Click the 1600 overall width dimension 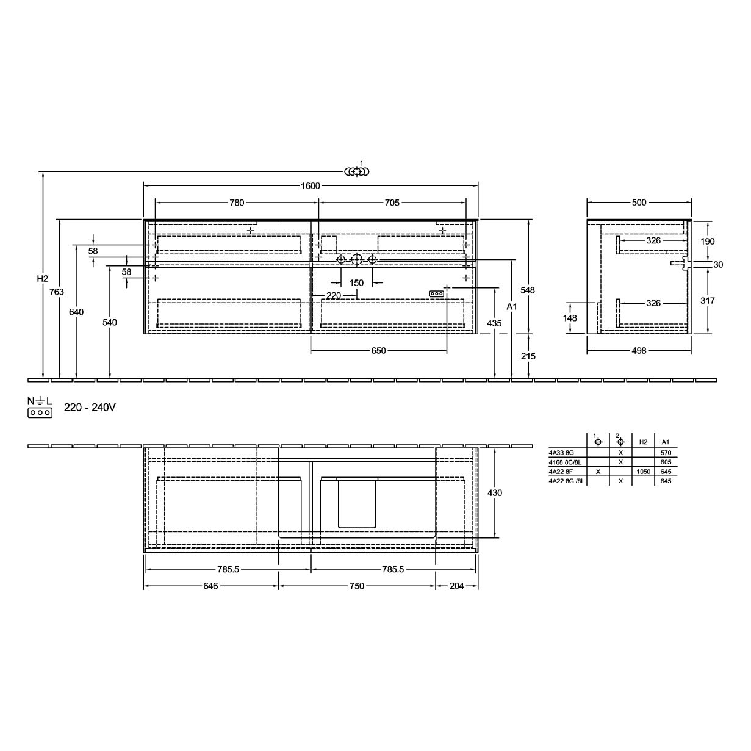tap(310, 186)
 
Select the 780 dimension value tap(237, 203)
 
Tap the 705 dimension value tap(392, 203)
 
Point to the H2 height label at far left tap(43, 279)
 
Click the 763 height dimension tap(57, 292)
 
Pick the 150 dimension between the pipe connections tap(356, 283)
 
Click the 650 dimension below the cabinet tap(378, 351)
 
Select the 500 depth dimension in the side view tap(639, 203)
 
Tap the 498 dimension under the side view tap(639, 351)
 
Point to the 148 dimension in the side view tap(570, 318)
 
